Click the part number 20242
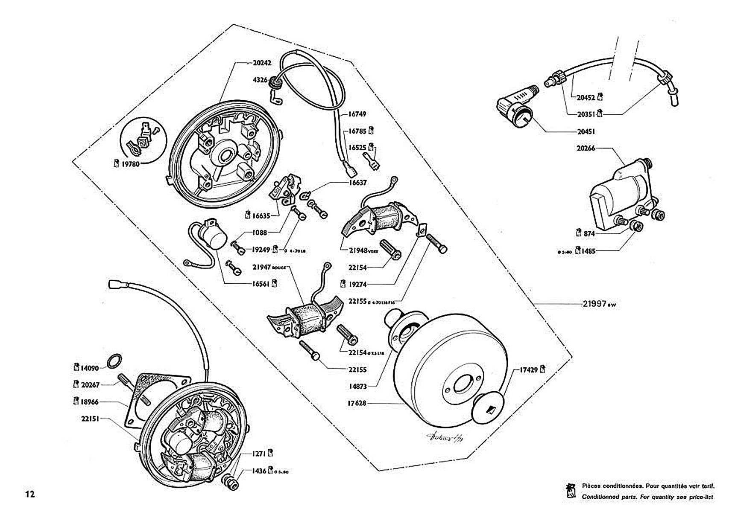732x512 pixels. [262, 63]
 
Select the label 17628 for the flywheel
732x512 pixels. [357, 403]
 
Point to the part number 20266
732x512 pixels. [586, 148]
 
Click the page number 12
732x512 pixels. [29, 494]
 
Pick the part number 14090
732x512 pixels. [90, 368]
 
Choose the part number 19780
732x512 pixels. [130, 164]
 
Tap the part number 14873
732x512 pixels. [357, 387]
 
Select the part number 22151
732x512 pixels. [90, 419]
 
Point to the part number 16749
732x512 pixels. [357, 114]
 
